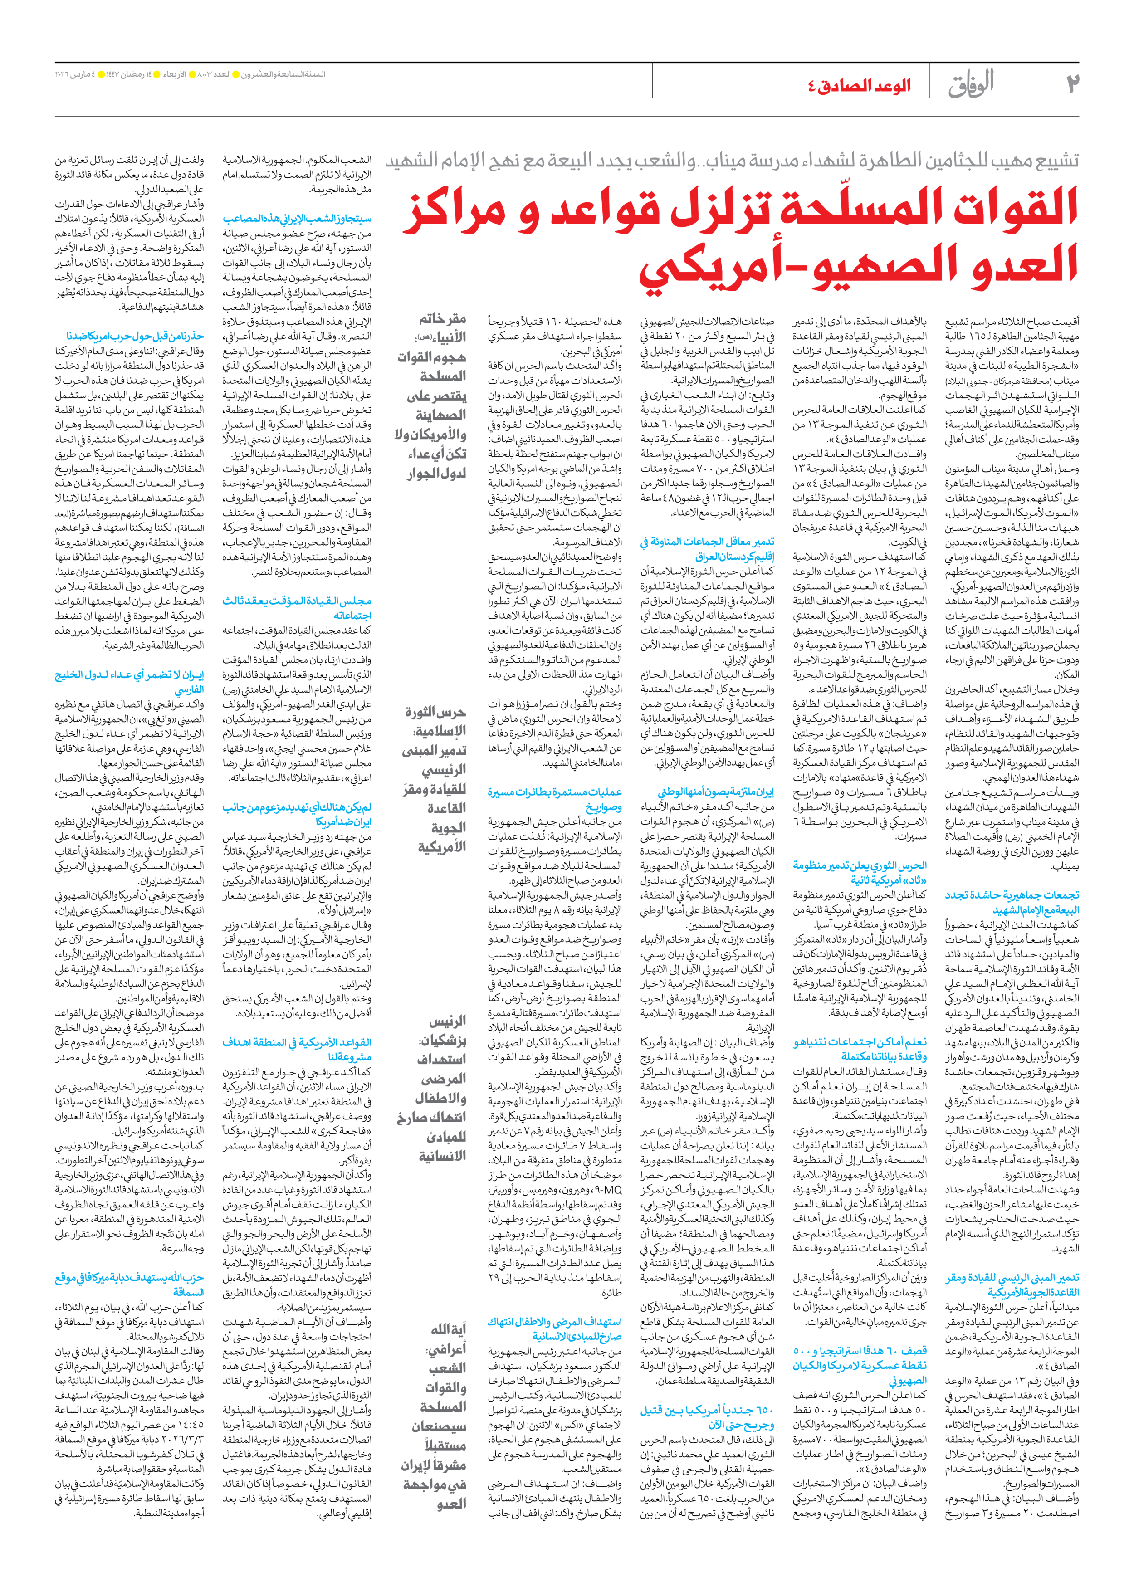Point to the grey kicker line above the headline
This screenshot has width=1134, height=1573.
click(732, 161)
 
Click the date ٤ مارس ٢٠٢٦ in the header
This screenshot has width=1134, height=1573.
click(76, 73)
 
